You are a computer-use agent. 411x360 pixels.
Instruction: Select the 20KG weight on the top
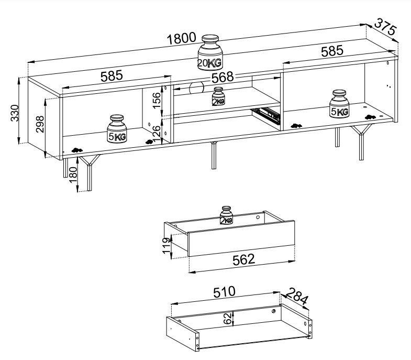[x=210, y=52]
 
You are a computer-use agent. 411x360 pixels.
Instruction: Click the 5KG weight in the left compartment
[x=117, y=129]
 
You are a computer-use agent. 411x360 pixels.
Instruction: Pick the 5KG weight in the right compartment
[x=339, y=105]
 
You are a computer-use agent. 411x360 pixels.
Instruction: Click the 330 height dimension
[x=15, y=112]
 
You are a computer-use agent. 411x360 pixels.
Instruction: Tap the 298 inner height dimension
[x=40, y=125]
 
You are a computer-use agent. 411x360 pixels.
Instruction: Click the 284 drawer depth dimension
[x=296, y=299]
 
